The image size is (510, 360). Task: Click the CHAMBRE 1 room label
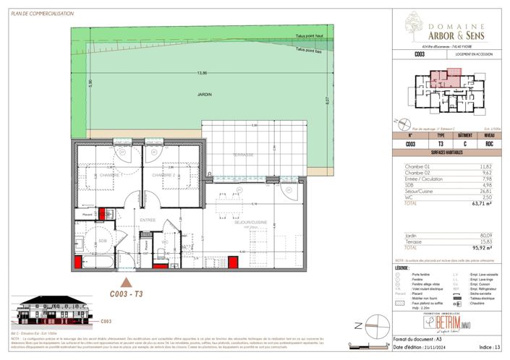(x=109, y=175)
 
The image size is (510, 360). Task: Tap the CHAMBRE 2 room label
(x=163, y=175)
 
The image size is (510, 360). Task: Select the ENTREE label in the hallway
(x=148, y=220)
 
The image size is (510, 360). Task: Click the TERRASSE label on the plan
(x=243, y=155)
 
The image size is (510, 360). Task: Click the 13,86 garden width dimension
(x=201, y=74)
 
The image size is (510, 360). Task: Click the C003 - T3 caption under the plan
(x=125, y=294)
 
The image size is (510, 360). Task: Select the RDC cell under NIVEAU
(x=489, y=144)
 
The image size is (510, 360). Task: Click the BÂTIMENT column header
(x=465, y=134)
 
